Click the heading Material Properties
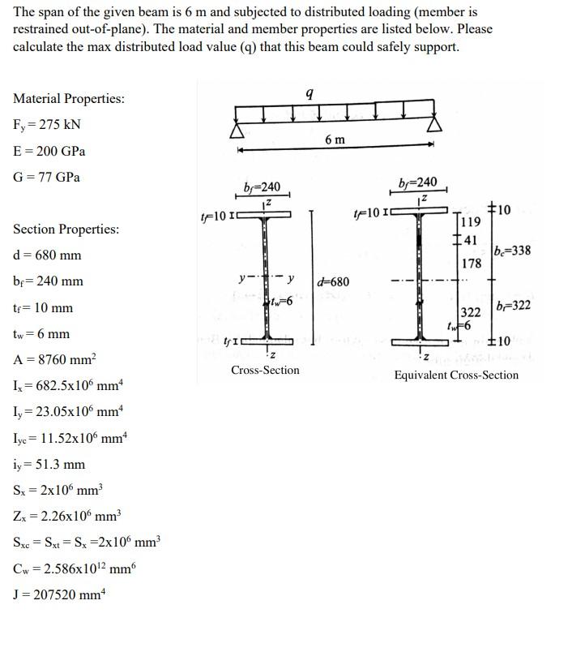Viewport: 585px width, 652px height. click(69, 99)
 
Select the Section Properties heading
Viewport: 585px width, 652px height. click(66, 229)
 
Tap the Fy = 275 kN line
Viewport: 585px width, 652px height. click(46, 125)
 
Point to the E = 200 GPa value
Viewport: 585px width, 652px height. click(49, 151)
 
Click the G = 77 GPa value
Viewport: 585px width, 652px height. click(46, 177)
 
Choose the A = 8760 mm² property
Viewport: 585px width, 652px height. click(55, 360)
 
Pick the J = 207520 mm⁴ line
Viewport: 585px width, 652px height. click(59, 594)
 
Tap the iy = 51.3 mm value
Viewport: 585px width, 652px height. click(49, 465)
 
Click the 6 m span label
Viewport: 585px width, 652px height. click(335, 139)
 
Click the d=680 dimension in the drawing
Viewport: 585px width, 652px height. click(333, 282)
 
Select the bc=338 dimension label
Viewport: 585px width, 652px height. click(512, 250)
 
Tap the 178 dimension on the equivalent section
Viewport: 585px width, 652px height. click(472, 264)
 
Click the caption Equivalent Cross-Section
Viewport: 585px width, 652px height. click(456, 375)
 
